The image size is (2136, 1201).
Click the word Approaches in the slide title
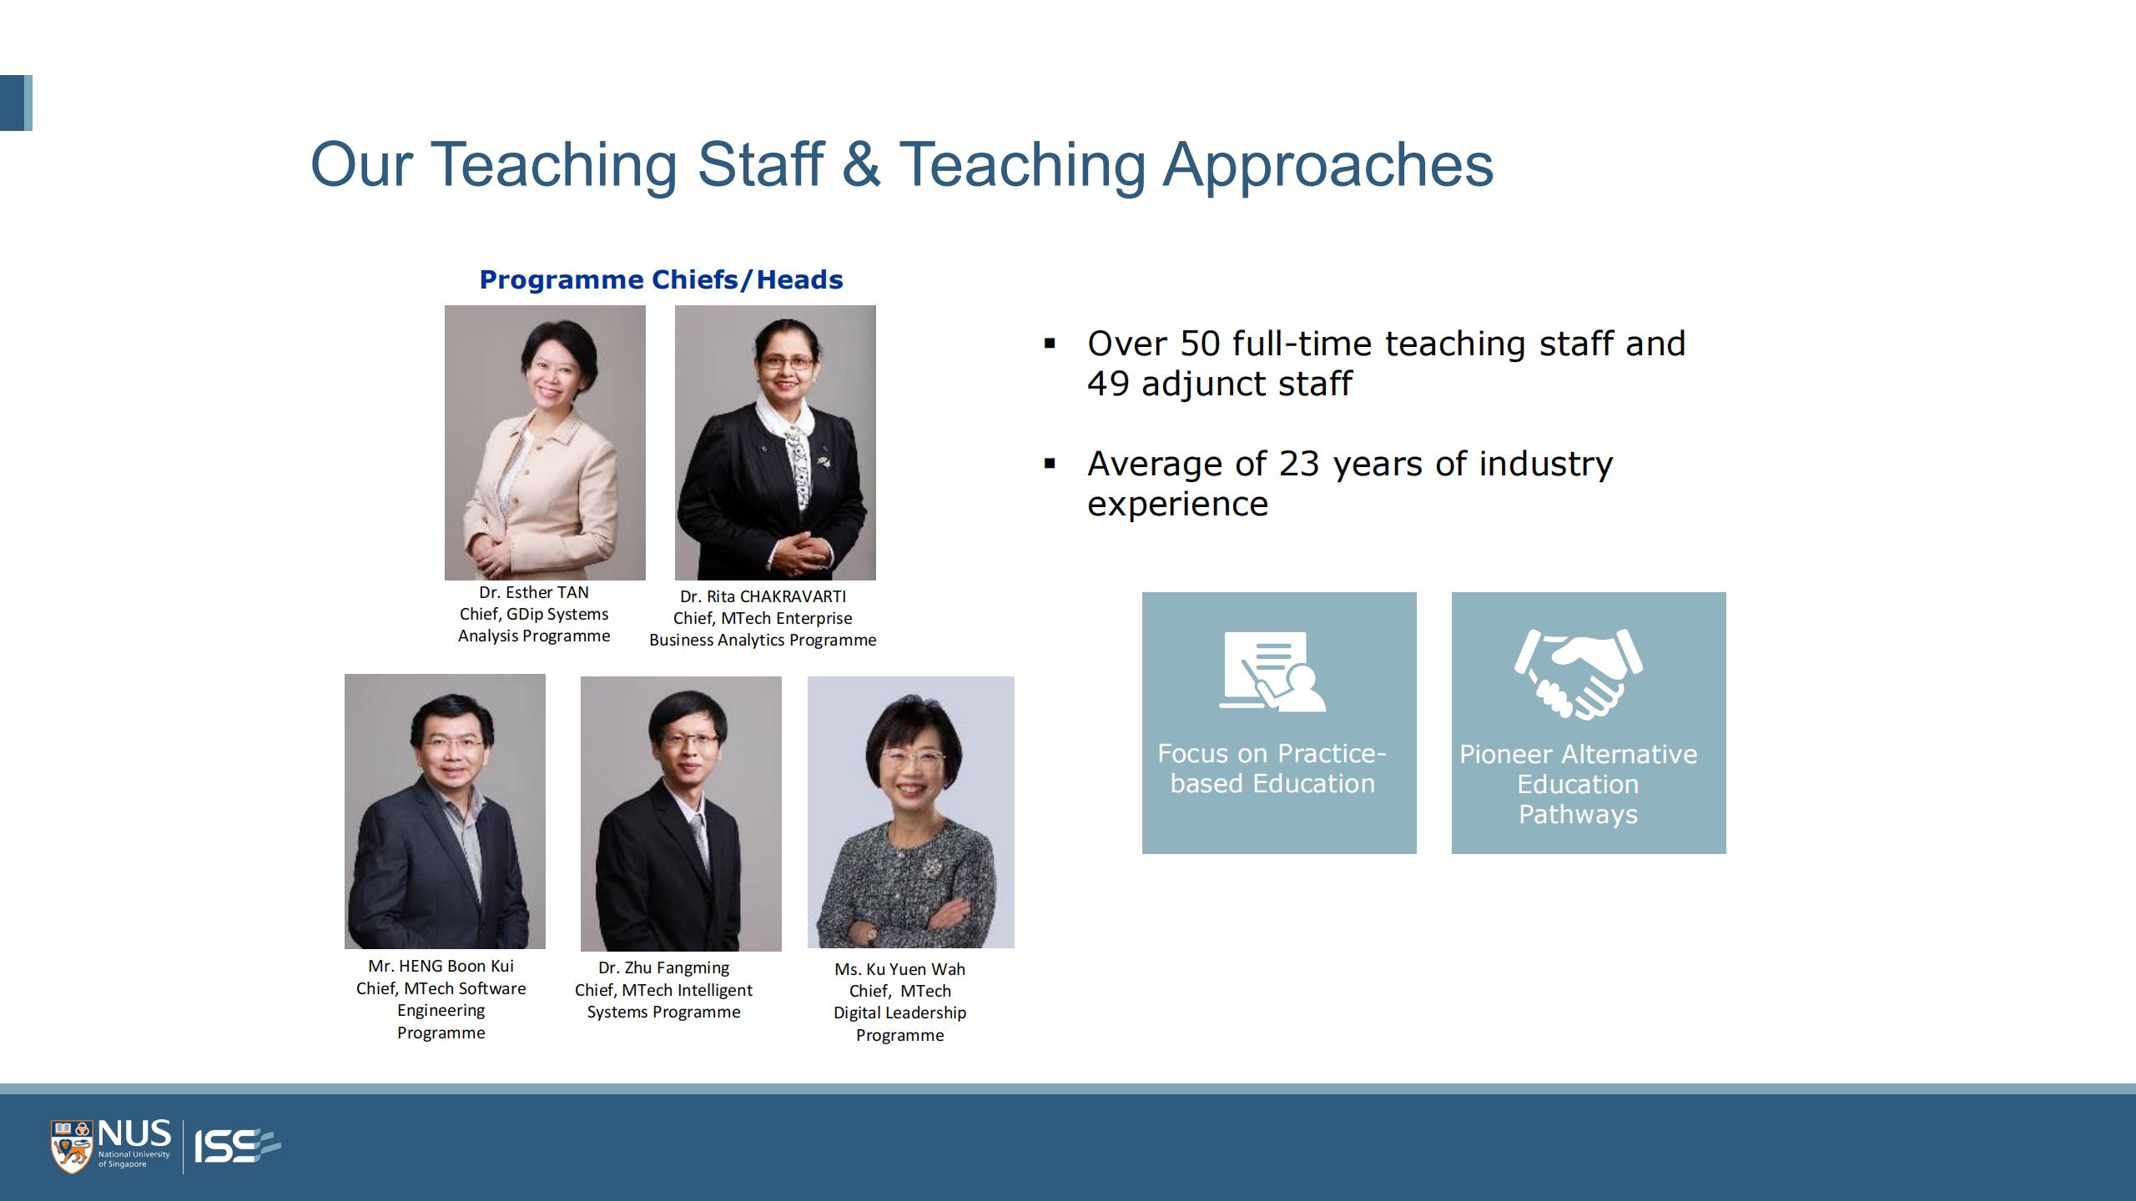1328,165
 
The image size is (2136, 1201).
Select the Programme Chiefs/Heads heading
661,279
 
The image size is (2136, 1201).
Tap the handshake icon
1579,673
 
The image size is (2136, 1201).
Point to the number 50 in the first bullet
1200,344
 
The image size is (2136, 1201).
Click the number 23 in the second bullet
1299,464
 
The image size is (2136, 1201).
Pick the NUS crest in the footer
71,1147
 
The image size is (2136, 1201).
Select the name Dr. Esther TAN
534,592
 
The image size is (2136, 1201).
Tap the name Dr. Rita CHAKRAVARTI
763,596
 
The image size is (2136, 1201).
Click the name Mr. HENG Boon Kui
441,966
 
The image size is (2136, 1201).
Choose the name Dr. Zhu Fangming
663,967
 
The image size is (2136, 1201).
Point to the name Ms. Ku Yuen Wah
899,969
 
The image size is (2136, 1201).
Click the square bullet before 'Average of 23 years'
1050,464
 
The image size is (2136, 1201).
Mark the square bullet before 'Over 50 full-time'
1050,344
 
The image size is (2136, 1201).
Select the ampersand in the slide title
861,165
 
